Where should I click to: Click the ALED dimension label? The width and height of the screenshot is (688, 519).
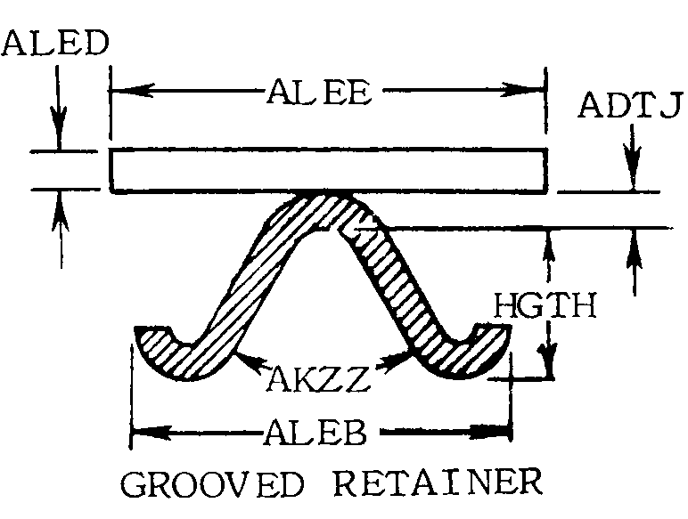coord(55,43)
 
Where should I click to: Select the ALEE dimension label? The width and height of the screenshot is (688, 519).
coord(319,91)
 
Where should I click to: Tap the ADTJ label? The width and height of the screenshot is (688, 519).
coord(630,105)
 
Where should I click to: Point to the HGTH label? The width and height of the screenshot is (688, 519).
coord(545,305)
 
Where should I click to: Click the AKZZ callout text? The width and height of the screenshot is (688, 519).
coord(318,378)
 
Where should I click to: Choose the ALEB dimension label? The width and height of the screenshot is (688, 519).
coord(315,433)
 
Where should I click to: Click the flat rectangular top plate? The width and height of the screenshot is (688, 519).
coord(328,171)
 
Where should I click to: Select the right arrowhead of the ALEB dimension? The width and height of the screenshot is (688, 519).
coord(490,433)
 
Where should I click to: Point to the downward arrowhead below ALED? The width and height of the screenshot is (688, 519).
coord(59,128)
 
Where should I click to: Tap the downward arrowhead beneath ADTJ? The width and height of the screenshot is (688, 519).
coord(633,170)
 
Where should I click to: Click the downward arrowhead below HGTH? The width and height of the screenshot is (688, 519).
coord(547,361)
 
